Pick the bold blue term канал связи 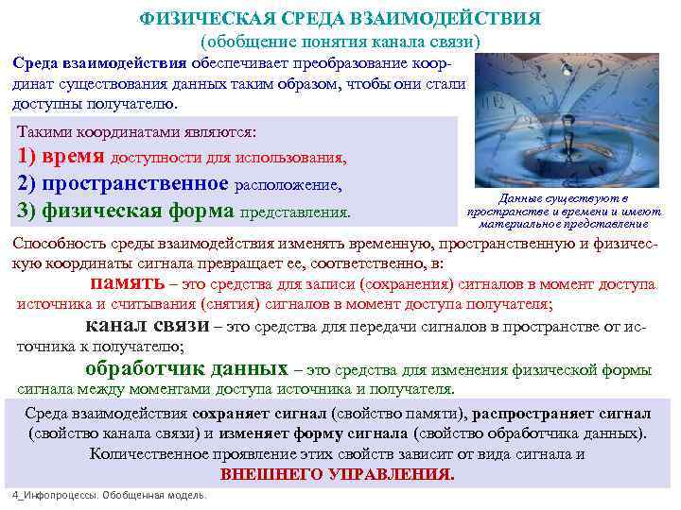click(x=147, y=326)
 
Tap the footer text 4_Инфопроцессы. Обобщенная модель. click(x=108, y=496)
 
